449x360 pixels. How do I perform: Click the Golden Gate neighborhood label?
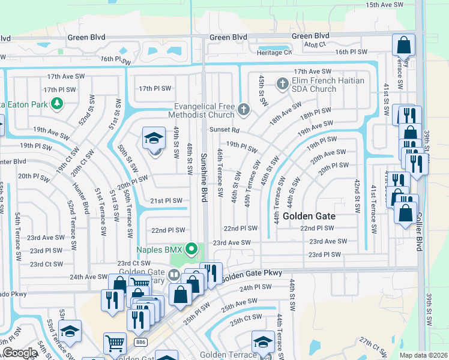pos(309,215)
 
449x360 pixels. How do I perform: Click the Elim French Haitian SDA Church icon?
pos(283,83)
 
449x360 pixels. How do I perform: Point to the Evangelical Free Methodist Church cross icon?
pos(243,109)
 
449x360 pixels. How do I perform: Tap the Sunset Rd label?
pos(224,130)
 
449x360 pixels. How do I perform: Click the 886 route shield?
pos(141,341)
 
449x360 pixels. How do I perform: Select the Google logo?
pos(19,353)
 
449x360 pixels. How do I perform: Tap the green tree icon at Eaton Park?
pos(57,104)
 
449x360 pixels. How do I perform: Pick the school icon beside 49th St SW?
pos(154,139)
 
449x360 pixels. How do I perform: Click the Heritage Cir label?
pos(274,53)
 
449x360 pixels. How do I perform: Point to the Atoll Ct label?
pos(313,44)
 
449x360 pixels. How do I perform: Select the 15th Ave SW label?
pos(384,5)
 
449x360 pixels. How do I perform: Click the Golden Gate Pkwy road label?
pos(252,274)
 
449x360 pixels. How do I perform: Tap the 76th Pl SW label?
pos(115,59)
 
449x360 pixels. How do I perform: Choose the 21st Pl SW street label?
pos(166,200)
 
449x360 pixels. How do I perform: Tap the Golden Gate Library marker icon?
pos(174,275)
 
